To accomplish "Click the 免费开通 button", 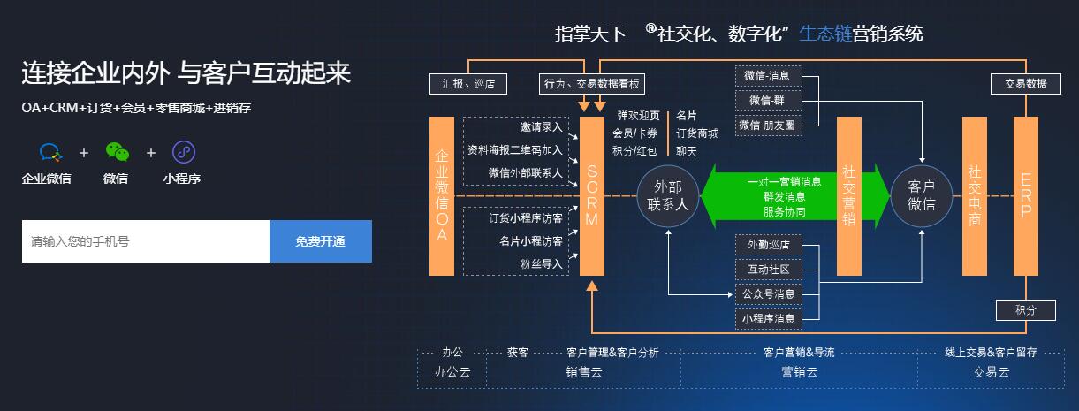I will pyautogui.click(x=320, y=241).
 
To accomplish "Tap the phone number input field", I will pyautogui.click(x=146, y=241).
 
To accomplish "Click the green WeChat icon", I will pyautogui.click(x=117, y=152).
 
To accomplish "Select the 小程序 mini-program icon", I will pyautogui.click(x=183, y=152).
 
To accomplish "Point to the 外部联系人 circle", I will pyautogui.click(x=669, y=195).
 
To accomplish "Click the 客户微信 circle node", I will pyautogui.click(x=921, y=195).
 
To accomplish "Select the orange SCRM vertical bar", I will pyautogui.click(x=592, y=195).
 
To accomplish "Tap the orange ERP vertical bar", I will pyautogui.click(x=1026, y=195).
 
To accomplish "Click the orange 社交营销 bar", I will pyautogui.click(x=849, y=195).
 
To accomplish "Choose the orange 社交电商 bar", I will pyautogui.click(x=975, y=195).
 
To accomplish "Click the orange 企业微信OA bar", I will pyautogui.click(x=442, y=195).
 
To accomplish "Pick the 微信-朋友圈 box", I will pyautogui.click(x=767, y=125).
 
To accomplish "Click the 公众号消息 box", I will pyautogui.click(x=767, y=293).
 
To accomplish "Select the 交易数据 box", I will pyautogui.click(x=1026, y=83).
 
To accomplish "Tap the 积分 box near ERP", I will pyautogui.click(x=1026, y=310).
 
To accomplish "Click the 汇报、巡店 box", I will pyautogui.click(x=468, y=84).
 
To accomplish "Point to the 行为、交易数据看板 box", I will pyautogui.click(x=591, y=84).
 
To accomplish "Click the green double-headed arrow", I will pyautogui.click(x=795, y=195).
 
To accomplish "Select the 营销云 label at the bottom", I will pyautogui.click(x=799, y=372).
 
